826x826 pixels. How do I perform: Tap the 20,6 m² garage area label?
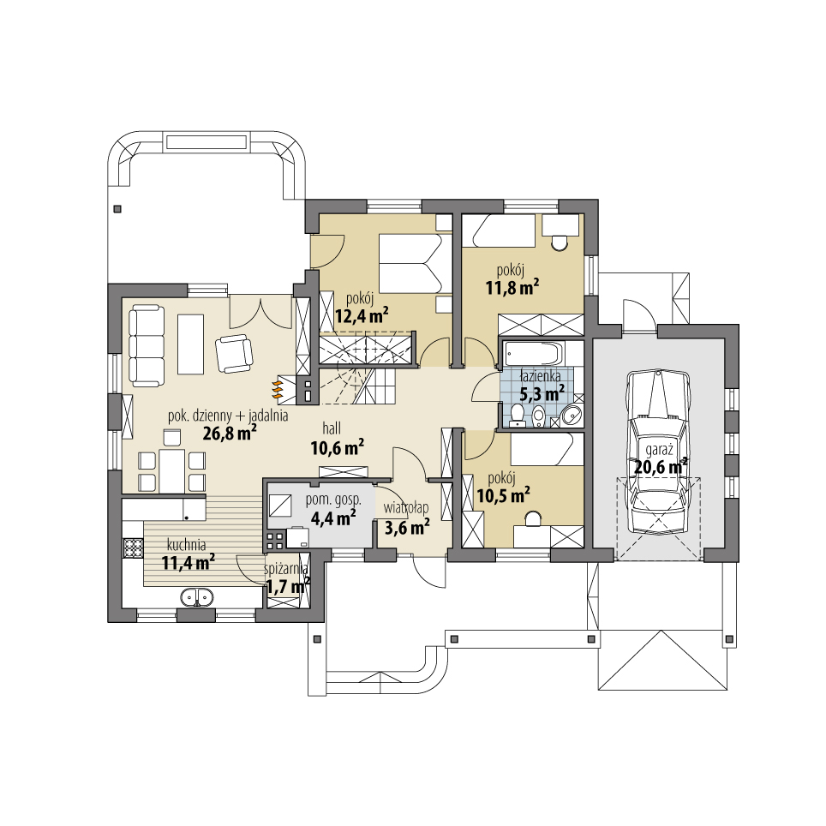click(661, 467)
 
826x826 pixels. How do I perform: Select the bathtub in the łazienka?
click(531, 353)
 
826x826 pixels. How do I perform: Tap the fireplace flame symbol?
click(278, 389)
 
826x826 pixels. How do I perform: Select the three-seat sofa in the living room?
click(147, 345)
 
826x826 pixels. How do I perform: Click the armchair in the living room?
click(233, 353)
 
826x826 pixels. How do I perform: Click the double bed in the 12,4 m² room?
click(410, 263)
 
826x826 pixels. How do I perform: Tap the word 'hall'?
click(335, 426)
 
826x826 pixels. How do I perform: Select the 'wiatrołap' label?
click(406, 507)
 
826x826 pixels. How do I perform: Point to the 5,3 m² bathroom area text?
click(542, 392)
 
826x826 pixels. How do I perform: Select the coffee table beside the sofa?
click(190, 344)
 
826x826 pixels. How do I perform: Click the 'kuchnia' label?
click(186, 544)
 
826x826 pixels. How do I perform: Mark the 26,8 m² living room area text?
click(230, 433)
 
